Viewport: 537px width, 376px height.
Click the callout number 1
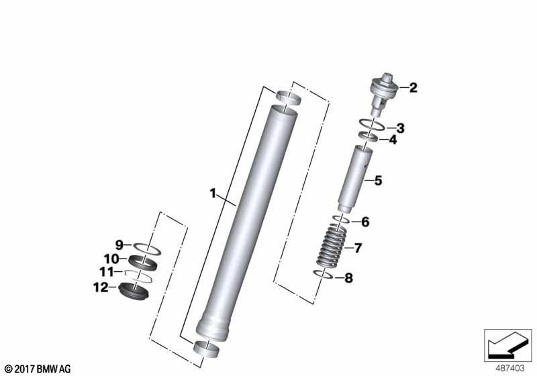pos(213,193)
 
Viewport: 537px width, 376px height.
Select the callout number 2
pos(413,88)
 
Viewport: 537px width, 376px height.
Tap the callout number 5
pos(378,181)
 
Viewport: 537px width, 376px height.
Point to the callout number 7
pos(358,248)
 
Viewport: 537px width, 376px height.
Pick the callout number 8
pos(348,278)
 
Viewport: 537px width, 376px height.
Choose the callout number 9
pos(119,245)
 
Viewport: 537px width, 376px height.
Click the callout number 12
pos(101,287)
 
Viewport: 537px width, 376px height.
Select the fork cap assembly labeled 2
pos(383,94)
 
